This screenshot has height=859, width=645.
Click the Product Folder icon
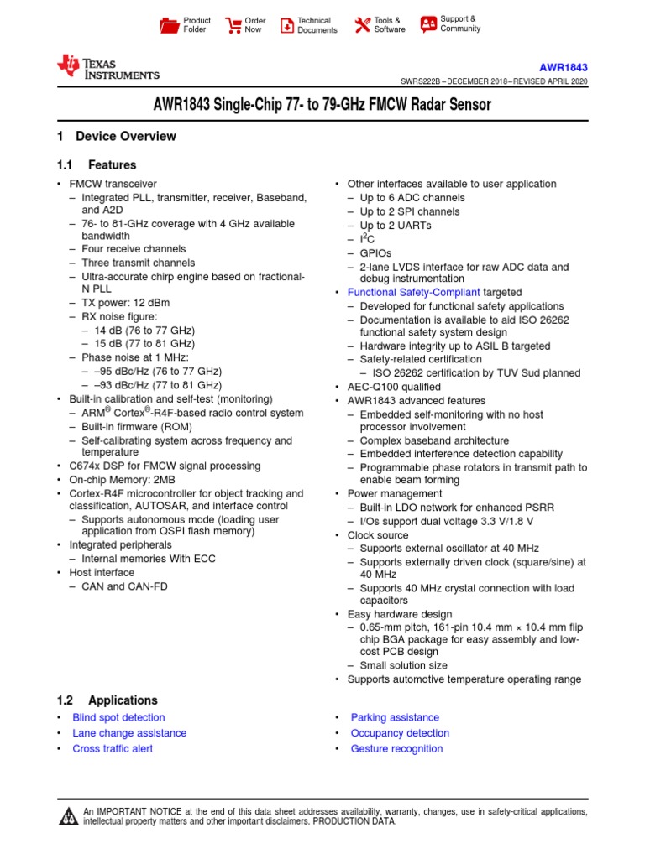click(170, 25)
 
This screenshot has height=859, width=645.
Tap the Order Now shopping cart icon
click(233, 25)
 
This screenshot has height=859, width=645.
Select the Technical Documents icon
click(287, 25)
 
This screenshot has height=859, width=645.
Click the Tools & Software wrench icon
click(362, 25)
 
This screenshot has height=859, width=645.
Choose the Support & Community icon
click(428, 23)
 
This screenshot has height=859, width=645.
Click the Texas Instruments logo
click(107, 67)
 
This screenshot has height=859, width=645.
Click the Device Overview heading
click(125, 136)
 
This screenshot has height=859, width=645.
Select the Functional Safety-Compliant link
click(414, 292)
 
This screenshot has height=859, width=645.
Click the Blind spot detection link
click(118, 717)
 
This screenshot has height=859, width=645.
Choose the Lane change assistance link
click(129, 732)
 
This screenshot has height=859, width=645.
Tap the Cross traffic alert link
click(113, 748)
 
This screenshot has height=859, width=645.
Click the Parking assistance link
click(395, 717)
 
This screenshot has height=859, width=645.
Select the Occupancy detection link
click(400, 732)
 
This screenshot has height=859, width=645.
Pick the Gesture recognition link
click(396, 748)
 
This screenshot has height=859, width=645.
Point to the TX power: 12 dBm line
click(133, 304)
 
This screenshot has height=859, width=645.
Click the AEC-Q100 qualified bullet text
click(394, 387)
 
